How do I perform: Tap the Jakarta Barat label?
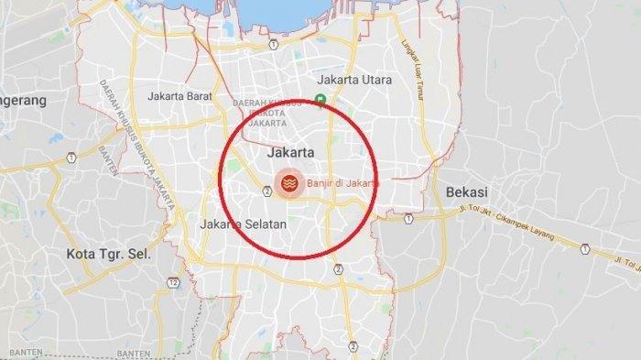tap(180, 94)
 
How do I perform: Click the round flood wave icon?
tap(289, 181)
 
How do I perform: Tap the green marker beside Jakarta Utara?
tap(320, 102)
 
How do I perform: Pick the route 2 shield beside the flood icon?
tap(265, 191)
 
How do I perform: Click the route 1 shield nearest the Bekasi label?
tap(408, 218)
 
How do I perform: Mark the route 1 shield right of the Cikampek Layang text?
tap(585, 247)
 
